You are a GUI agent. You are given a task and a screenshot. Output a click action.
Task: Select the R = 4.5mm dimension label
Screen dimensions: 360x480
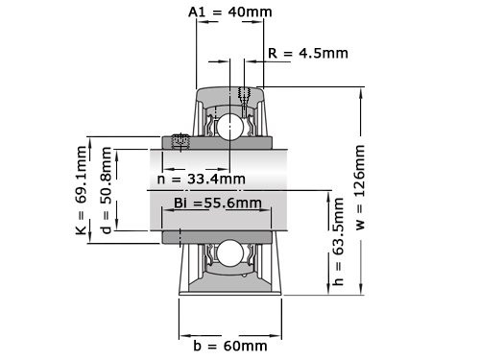(307, 53)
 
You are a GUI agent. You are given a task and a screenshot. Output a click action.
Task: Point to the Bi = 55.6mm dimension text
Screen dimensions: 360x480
(217, 203)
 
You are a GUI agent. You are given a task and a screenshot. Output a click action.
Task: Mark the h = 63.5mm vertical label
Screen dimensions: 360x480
(336, 244)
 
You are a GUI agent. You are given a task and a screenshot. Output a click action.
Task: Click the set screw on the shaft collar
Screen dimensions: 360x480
(180, 142)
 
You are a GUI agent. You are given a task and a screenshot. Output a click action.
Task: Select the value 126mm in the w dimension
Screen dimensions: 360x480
(360, 168)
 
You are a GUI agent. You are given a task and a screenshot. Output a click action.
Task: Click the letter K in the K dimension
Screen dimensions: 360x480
(81, 229)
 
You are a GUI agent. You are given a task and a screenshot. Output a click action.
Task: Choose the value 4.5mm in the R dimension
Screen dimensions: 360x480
(321, 53)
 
